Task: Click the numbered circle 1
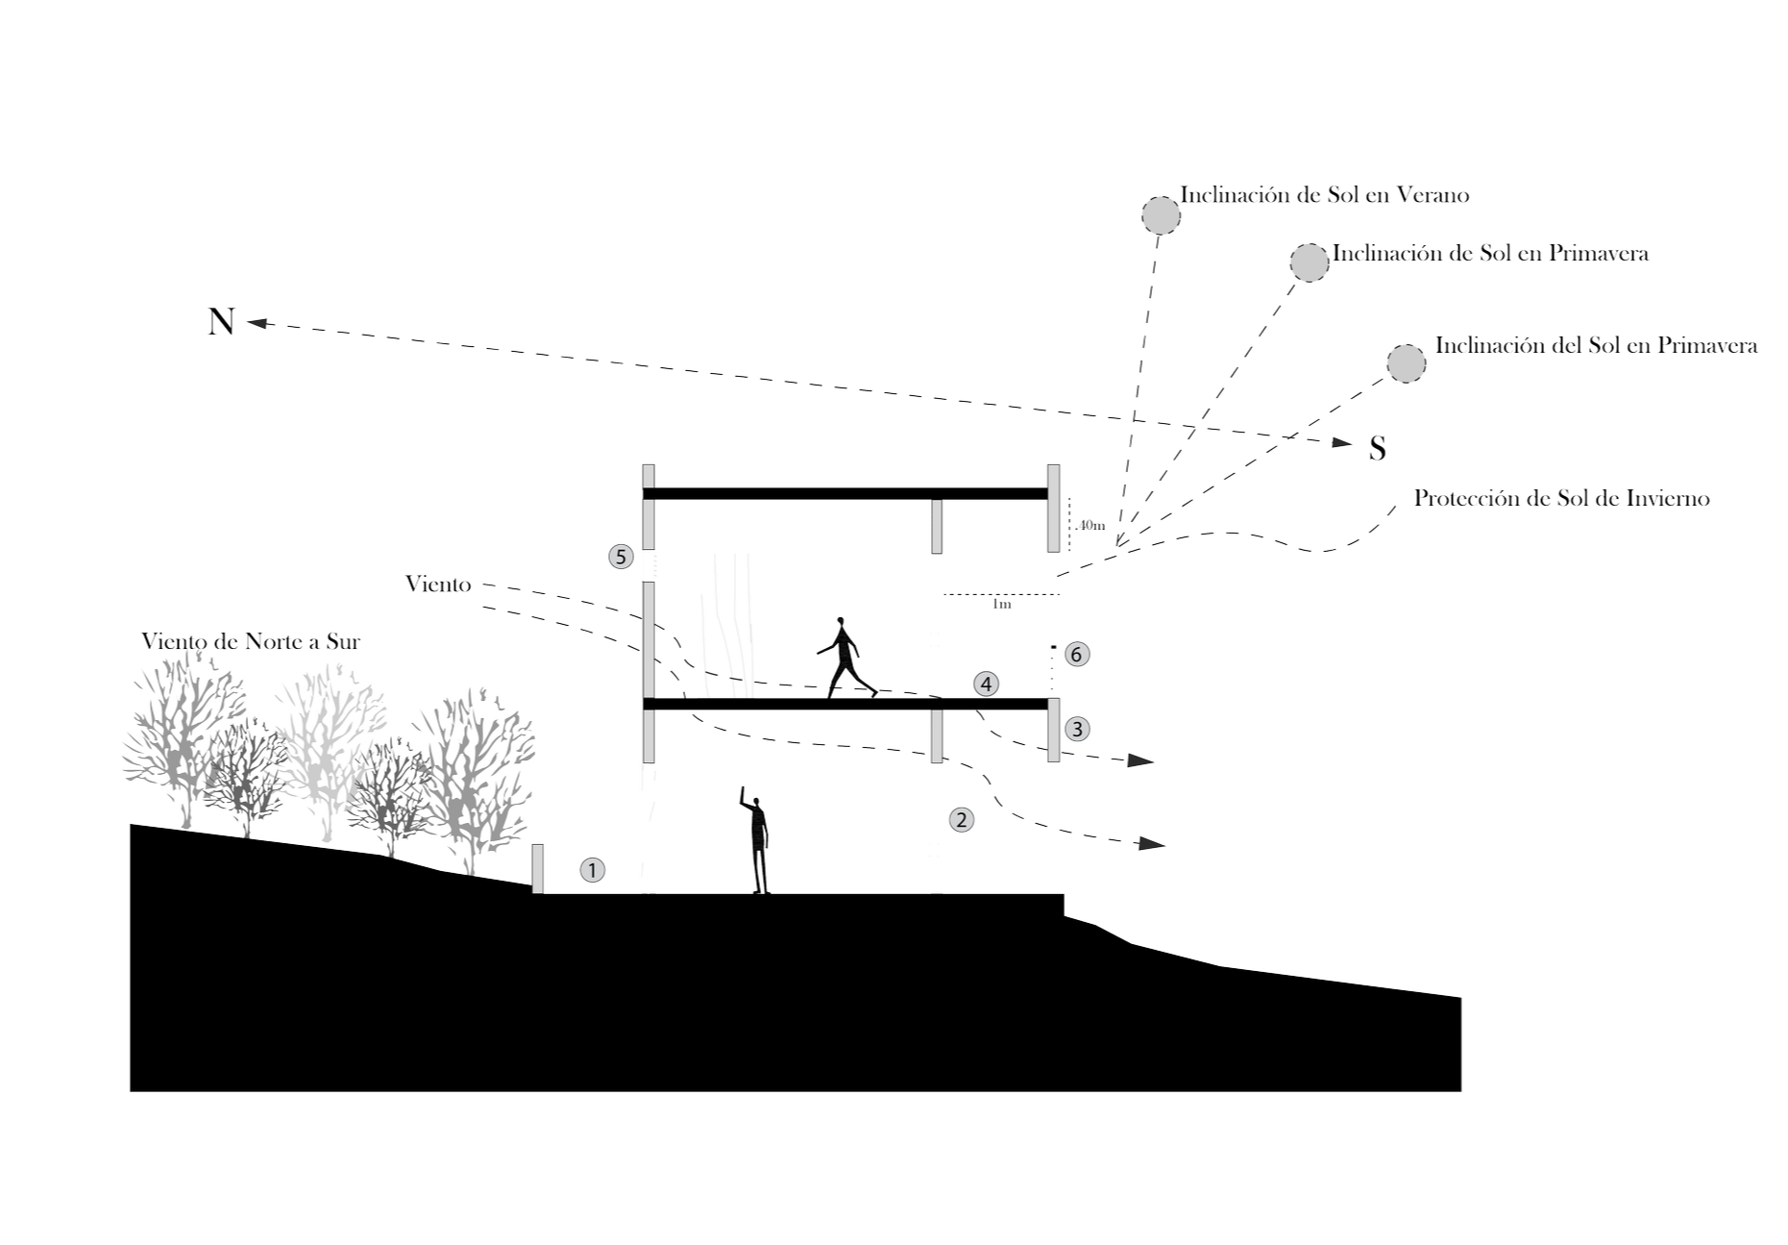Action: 593,871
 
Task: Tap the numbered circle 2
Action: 962,819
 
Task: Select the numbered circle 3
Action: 1076,729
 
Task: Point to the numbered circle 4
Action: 986,684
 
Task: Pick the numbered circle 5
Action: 621,556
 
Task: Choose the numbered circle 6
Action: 1076,655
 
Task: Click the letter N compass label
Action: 221,321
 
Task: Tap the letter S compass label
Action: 1378,448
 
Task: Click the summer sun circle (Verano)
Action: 1161,214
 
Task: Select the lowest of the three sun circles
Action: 1407,362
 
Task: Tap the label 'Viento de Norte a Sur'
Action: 250,642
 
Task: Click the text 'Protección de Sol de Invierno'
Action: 1561,499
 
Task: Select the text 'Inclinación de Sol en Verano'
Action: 1326,195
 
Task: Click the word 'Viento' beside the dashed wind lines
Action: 438,584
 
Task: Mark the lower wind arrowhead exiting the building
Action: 1151,845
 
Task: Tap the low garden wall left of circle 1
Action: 539,868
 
